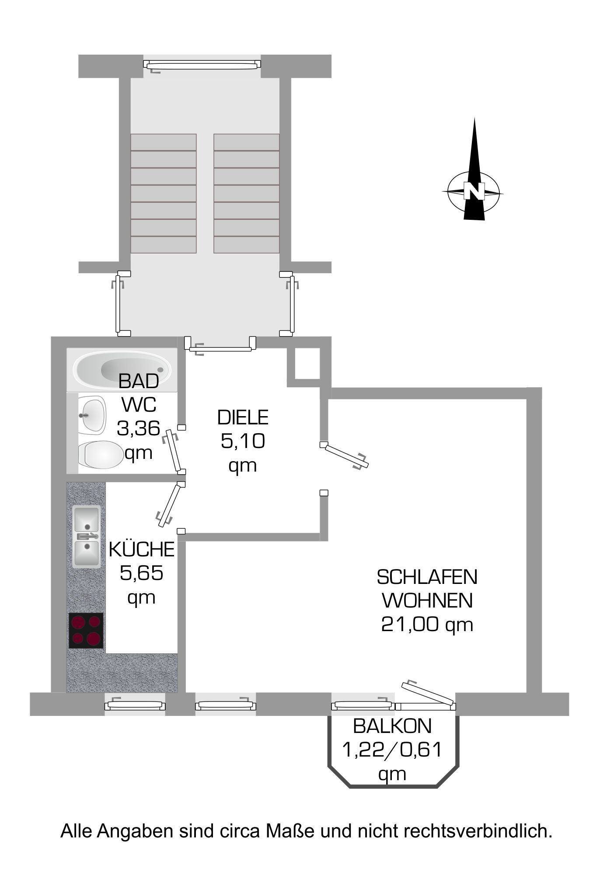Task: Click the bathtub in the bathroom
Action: click(x=122, y=370)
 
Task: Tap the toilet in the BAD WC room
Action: click(x=100, y=454)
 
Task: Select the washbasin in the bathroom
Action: click(x=92, y=415)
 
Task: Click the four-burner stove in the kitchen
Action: click(x=86, y=630)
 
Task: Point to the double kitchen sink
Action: click(x=86, y=536)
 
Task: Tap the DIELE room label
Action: click(x=243, y=417)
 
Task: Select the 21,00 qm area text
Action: click(x=427, y=624)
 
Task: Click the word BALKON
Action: click(x=392, y=726)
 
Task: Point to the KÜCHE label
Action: click(x=142, y=549)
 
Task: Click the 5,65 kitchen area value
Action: click(x=141, y=573)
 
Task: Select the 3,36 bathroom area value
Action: click(x=138, y=428)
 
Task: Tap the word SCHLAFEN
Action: click(x=427, y=577)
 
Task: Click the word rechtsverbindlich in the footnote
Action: click(x=478, y=831)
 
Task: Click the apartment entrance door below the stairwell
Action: click(x=220, y=345)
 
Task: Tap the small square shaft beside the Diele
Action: click(x=308, y=364)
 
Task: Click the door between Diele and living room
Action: click(x=345, y=455)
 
